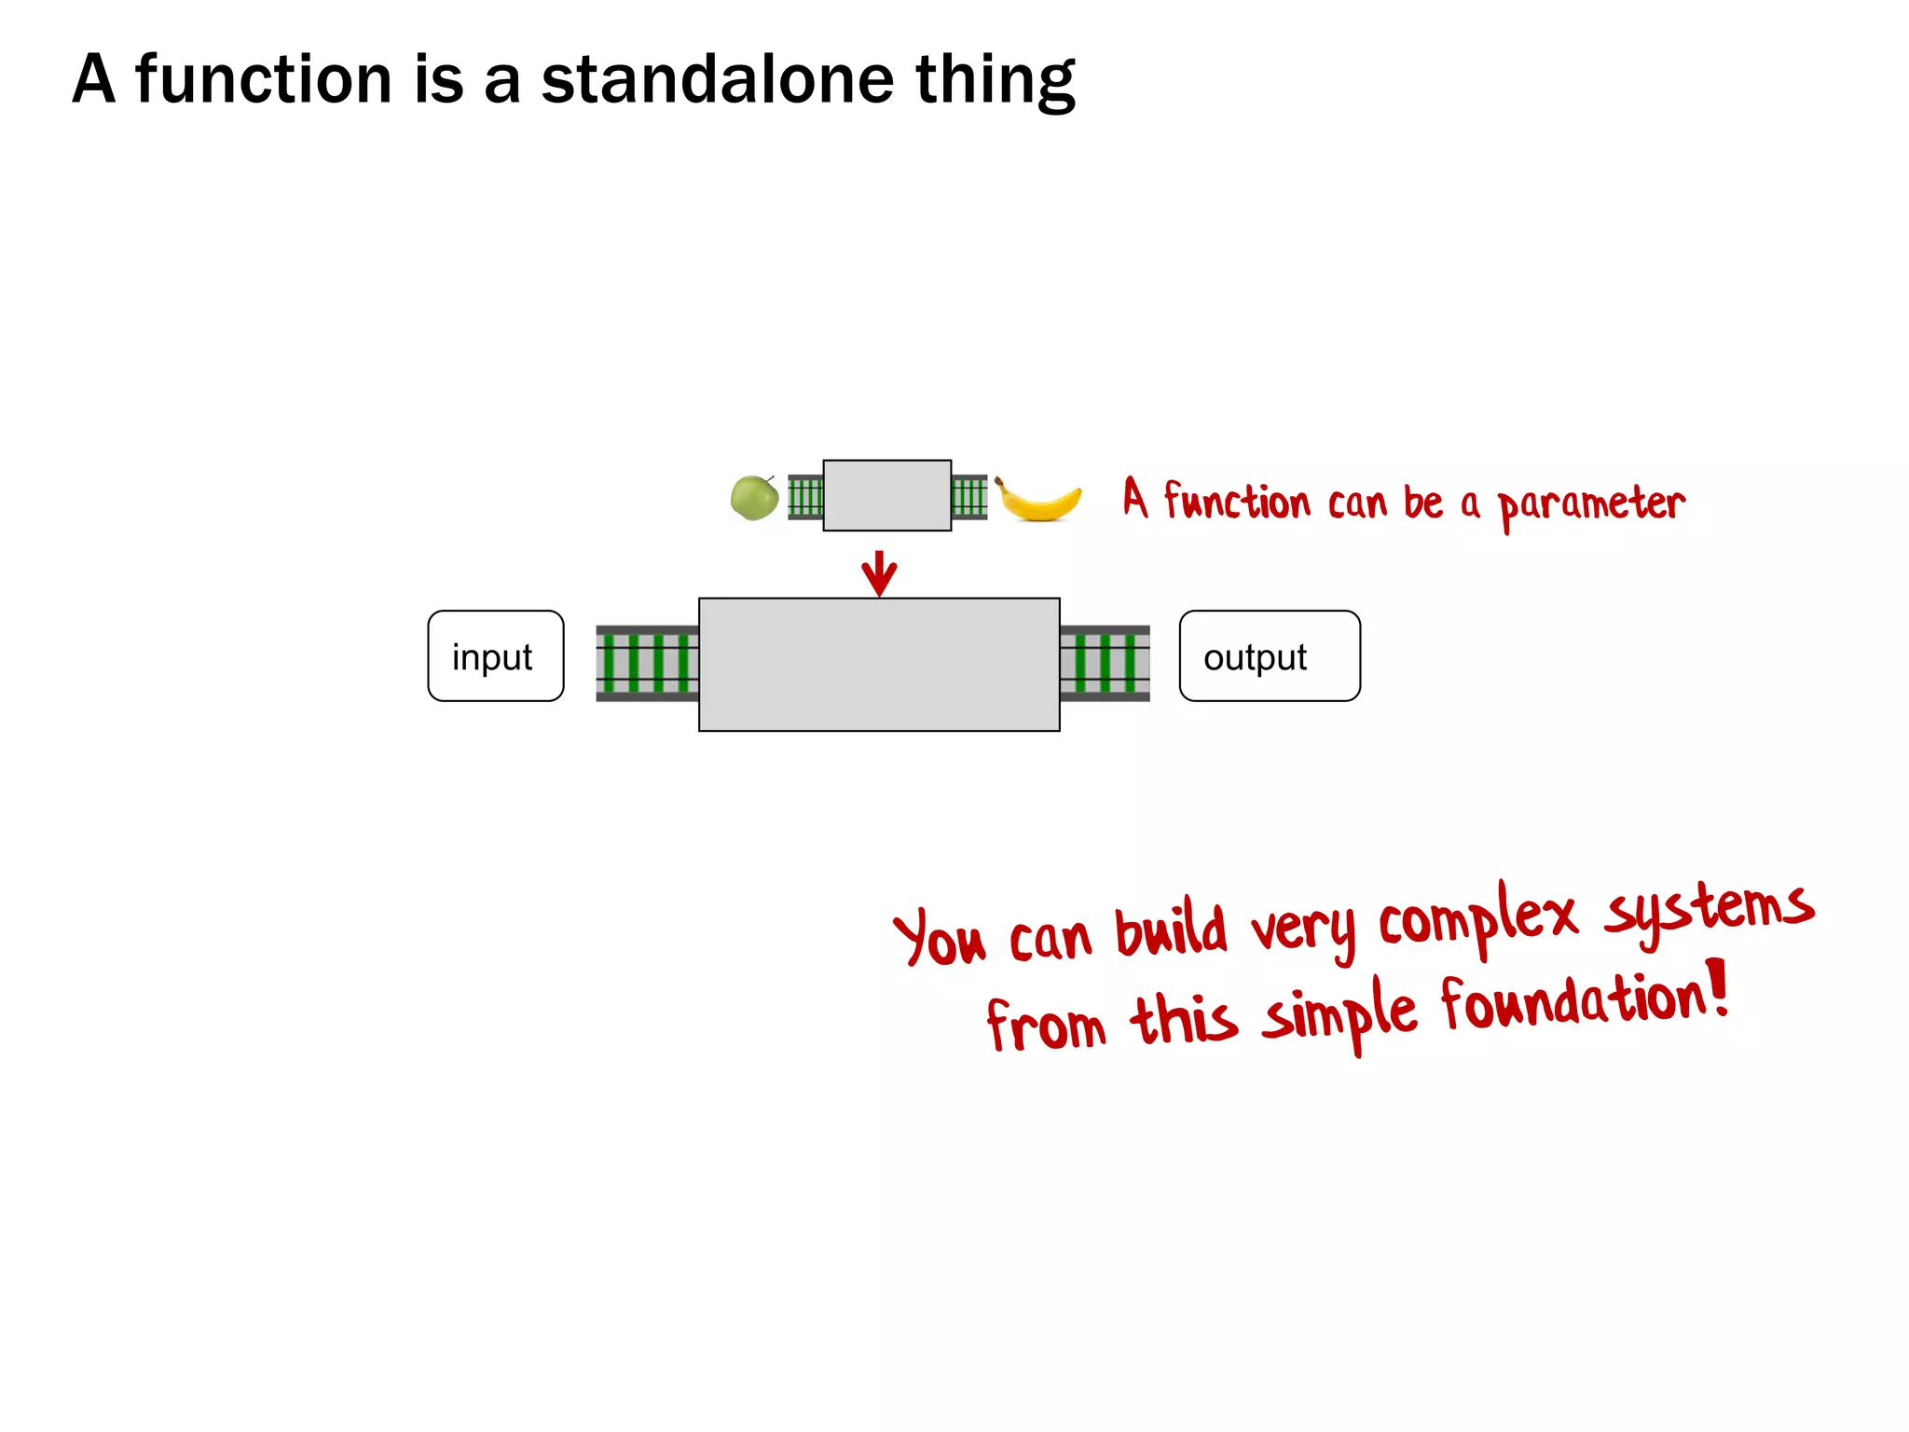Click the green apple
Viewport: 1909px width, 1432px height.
pos(754,498)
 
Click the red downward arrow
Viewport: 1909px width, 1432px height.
pos(879,573)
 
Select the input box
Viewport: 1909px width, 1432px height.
pos(495,656)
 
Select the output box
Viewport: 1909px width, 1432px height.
pos(1269,656)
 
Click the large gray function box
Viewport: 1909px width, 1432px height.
pos(879,665)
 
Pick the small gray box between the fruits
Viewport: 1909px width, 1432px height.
pos(886,495)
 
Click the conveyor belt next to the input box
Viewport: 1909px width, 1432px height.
pos(647,663)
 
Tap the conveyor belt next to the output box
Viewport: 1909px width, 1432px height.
pos(1105,663)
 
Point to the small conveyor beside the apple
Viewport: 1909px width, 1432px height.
pos(805,497)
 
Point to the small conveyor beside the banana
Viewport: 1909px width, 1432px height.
pos(968,497)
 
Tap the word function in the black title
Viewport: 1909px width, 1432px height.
pos(264,79)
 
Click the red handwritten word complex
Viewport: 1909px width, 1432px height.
pos(1476,918)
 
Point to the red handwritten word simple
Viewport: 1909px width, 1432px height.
pos(1339,1013)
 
